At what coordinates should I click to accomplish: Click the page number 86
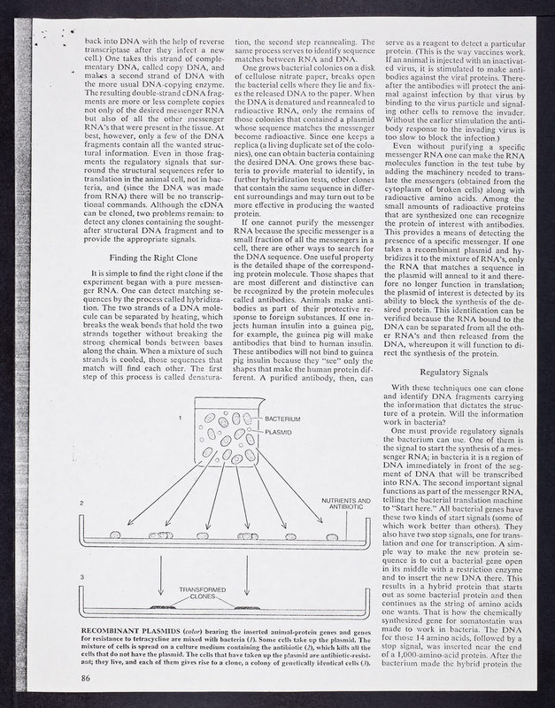[x=86, y=677]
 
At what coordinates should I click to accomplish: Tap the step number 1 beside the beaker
[x=180, y=415]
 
